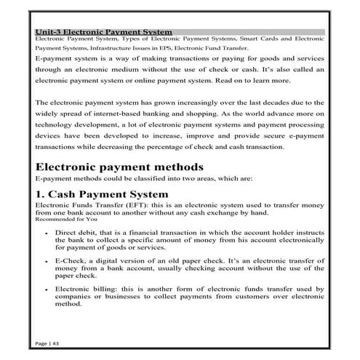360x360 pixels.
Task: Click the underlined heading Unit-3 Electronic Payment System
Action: (x=103, y=32)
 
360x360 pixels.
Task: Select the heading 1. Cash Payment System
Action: (x=101, y=195)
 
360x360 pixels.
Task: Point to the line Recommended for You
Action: (x=65, y=219)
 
